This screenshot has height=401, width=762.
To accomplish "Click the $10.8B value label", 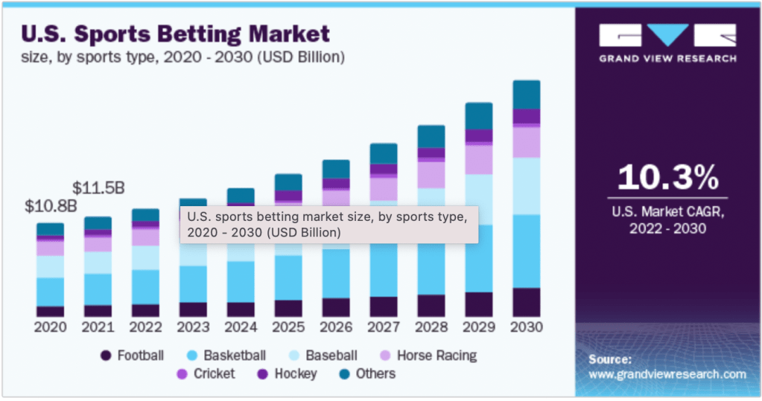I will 51,206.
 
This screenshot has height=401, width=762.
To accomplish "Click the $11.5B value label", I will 98,188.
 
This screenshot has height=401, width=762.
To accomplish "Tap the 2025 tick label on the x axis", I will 288,327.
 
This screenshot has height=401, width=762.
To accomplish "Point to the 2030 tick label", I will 527,327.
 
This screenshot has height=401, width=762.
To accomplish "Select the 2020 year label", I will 50,327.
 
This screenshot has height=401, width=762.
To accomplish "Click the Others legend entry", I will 365,373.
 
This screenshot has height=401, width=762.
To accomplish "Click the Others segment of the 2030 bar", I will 527,94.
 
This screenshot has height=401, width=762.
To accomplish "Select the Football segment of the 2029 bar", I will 479,304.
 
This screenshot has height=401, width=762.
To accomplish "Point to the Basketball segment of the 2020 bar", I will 50,292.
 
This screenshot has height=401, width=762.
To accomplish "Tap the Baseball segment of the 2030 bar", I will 527,186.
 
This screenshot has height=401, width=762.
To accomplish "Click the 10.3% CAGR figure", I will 668,178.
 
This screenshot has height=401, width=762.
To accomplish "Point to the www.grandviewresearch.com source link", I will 667,374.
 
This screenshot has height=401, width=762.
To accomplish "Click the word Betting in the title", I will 184,34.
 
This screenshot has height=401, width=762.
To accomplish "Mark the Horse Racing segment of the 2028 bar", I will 431,174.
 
